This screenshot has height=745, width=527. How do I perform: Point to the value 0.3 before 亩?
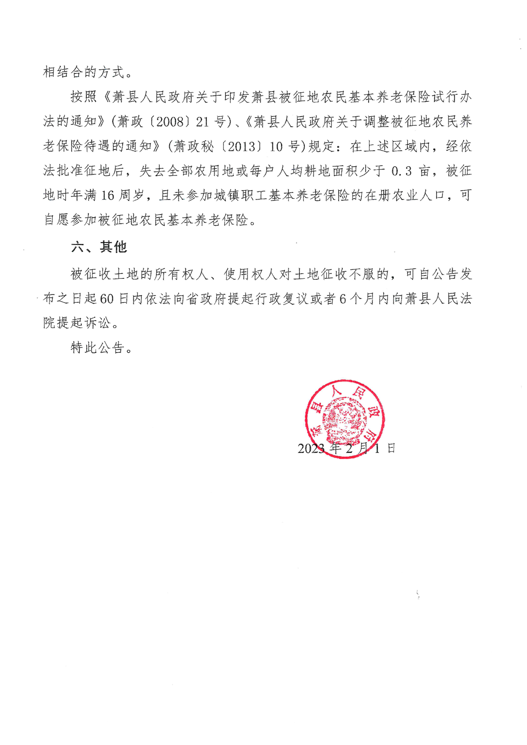click(x=402, y=171)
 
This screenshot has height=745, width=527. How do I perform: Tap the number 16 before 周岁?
click(x=108, y=195)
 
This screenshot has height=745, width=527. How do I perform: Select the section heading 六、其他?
click(x=99, y=247)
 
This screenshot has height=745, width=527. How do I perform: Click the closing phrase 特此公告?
click(x=97, y=347)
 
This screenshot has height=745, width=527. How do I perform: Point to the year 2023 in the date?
click(x=310, y=448)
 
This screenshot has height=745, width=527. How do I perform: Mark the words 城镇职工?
click(x=234, y=195)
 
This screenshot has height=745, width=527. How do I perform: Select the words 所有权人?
click(x=181, y=274)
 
